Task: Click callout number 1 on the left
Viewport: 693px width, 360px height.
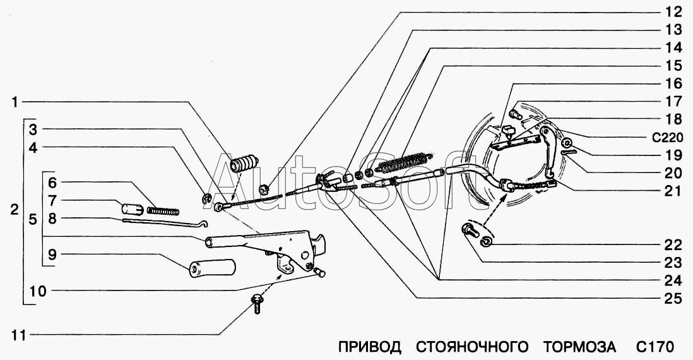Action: coord(15,101)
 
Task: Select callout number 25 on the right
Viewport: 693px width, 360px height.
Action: coord(673,299)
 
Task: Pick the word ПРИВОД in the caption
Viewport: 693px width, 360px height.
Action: coord(370,346)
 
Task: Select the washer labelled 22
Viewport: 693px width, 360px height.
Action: coord(487,243)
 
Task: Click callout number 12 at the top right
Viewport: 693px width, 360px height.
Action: coord(673,11)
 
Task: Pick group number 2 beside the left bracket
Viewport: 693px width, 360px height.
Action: coord(15,211)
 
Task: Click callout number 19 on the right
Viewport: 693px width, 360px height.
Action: coord(673,155)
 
